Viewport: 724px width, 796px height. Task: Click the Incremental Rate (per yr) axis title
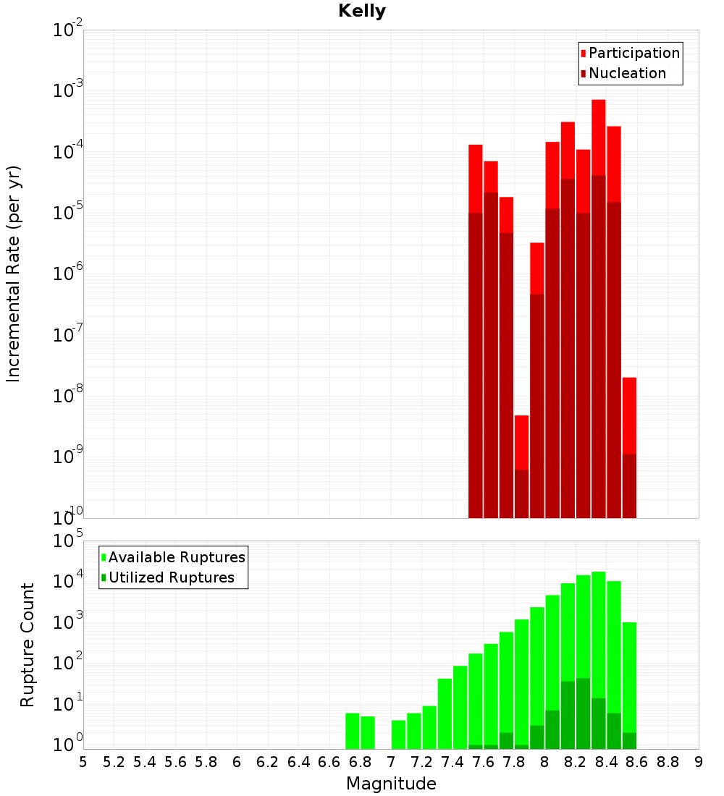point(14,274)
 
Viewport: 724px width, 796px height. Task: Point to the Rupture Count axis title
point(28,645)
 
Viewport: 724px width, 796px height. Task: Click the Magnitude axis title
point(391,784)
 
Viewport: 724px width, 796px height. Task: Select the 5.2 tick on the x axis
point(114,762)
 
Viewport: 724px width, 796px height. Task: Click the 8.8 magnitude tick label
point(668,762)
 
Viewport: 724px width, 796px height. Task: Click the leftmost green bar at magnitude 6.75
point(353,731)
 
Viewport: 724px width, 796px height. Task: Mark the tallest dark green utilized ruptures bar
point(583,713)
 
